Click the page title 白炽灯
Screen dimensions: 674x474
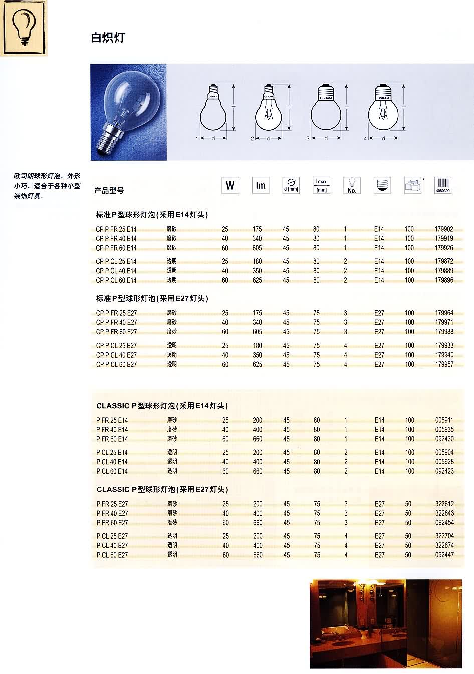107,38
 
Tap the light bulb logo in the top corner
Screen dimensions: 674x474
23,28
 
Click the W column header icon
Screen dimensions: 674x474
230,185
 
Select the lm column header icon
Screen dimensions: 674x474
261,185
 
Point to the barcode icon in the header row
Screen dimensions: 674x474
443,185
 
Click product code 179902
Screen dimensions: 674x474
444,229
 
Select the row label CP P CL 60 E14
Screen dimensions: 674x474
116,280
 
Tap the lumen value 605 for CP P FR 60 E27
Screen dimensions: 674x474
257,332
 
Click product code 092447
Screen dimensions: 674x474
444,555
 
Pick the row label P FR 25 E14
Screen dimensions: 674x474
112,420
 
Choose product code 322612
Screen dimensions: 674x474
444,504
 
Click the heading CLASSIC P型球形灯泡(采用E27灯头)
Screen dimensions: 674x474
162,489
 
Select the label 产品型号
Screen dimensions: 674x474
109,190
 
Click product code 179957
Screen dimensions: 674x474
444,364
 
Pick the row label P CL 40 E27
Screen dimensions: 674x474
112,545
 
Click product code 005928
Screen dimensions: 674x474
444,462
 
